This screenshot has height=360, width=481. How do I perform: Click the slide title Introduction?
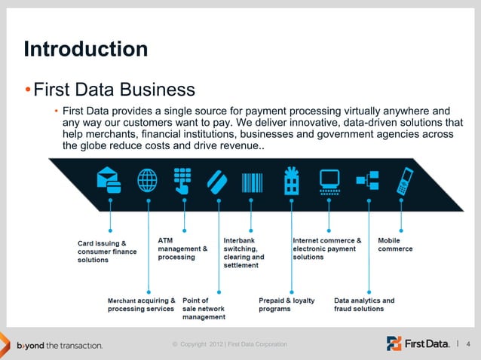click(85, 50)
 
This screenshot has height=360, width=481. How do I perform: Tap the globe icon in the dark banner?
click(146, 180)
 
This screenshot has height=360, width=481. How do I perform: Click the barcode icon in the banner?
click(252, 181)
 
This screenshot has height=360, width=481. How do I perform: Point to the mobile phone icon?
click(406, 181)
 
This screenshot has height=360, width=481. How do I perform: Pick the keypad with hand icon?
click(182, 181)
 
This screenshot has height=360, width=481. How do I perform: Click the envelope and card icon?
click(109, 180)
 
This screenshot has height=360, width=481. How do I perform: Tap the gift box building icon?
click(290, 181)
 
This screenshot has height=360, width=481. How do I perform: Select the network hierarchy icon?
click(368, 181)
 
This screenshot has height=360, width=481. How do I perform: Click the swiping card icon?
click(218, 181)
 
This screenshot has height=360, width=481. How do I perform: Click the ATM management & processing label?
click(182, 249)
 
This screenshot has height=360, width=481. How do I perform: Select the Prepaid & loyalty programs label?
click(286, 304)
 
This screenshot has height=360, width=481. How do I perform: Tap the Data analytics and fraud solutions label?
click(364, 304)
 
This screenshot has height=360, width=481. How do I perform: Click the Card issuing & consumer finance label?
click(107, 252)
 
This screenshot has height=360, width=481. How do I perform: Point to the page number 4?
click(469, 345)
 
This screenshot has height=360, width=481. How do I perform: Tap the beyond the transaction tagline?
click(60, 346)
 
